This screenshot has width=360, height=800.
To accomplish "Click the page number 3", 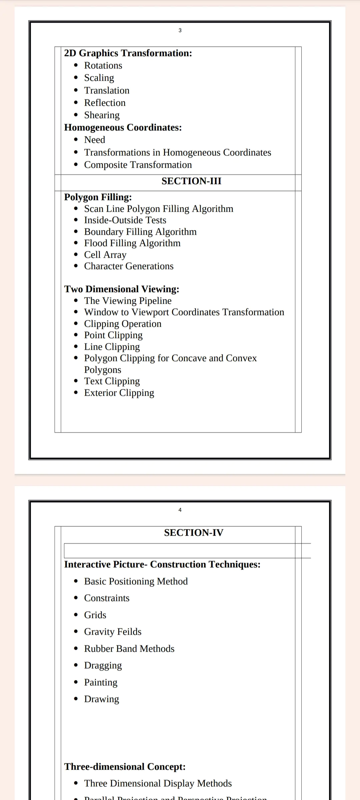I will click(180, 30).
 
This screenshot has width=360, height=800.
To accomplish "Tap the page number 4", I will click(180, 510).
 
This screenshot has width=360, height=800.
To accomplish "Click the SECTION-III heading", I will click(191, 181).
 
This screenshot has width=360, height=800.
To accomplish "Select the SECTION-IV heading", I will click(194, 533).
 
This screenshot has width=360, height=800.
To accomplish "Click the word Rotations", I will click(103, 66).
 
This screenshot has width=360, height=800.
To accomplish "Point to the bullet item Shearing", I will click(102, 115).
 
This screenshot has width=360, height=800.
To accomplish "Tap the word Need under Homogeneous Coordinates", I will click(94, 140).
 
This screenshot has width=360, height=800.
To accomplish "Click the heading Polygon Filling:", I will click(98, 197).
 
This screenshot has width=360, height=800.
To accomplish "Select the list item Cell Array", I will click(105, 255).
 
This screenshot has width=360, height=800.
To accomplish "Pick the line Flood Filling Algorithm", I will click(132, 243).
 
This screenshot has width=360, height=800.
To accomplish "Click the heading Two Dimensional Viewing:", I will click(122, 289).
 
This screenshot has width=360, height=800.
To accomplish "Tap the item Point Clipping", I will click(113, 335).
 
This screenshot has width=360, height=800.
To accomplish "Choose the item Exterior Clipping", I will click(119, 393).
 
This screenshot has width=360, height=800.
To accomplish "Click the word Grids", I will click(95, 615).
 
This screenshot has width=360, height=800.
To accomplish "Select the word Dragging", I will click(103, 665).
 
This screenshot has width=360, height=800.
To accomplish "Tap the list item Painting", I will click(101, 682).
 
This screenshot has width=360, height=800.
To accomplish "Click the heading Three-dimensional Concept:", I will click(125, 767).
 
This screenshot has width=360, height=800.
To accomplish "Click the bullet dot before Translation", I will click(76, 90).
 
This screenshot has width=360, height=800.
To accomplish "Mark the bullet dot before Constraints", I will click(76, 598).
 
